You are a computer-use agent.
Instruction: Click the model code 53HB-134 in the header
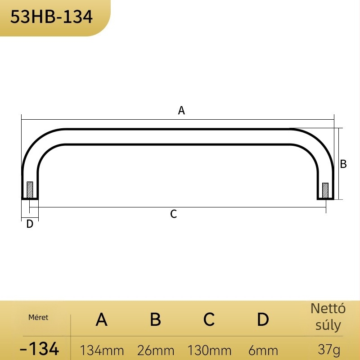(51, 17)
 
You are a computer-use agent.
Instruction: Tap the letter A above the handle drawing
(181, 110)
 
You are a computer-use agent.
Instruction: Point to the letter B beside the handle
(343, 164)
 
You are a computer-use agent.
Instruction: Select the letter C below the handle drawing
(174, 214)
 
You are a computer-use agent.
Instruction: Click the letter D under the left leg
(30, 224)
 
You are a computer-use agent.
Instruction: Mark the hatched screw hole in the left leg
(30, 190)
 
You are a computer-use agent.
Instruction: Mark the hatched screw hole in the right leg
(325, 190)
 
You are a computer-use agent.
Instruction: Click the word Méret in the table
(38, 318)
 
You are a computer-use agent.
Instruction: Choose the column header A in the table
(102, 319)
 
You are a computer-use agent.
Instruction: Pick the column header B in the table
(155, 319)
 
